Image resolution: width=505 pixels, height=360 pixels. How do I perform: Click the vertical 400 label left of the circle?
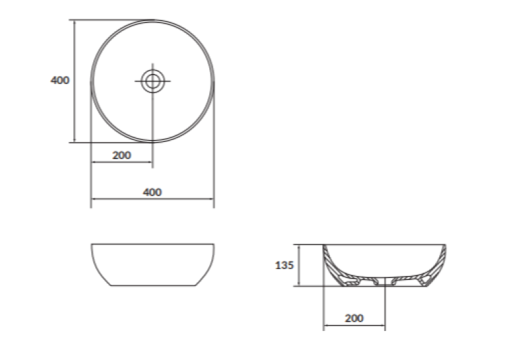pos(60,80)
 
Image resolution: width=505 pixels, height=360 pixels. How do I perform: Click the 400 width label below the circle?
pos(152,192)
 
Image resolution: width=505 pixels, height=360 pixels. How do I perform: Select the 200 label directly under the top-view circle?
pos(121,155)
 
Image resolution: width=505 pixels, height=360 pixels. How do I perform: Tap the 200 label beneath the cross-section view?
pos(354,318)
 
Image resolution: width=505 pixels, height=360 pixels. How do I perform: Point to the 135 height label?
pos(285,266)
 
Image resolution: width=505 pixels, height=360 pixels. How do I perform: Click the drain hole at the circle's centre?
pos(152,81)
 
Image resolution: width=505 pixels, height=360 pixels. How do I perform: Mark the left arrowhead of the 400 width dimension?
pos(94,199)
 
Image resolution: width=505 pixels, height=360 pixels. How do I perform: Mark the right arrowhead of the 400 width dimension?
pos(211,199)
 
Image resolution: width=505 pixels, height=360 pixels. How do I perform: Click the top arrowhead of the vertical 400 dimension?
pos(75,22)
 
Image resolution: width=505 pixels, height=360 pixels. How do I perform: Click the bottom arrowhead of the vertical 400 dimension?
pos(75,139)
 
